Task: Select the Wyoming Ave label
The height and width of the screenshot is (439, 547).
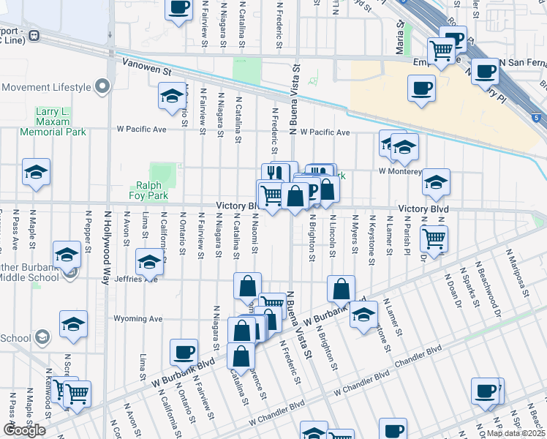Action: click(137, 319)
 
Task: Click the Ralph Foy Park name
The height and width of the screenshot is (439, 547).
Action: click(150, 190)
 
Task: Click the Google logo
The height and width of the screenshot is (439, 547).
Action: click(24, 430)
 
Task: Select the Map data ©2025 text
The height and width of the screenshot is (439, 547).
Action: click(515, 433)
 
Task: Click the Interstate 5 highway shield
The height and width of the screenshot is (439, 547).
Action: click(538, 117)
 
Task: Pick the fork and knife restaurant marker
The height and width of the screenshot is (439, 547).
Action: click(273, 173)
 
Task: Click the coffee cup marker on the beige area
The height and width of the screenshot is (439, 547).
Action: click(420, 88)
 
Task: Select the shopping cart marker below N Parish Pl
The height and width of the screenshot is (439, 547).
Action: click(434, 238)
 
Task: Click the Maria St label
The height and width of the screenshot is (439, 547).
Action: click(401, 32)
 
